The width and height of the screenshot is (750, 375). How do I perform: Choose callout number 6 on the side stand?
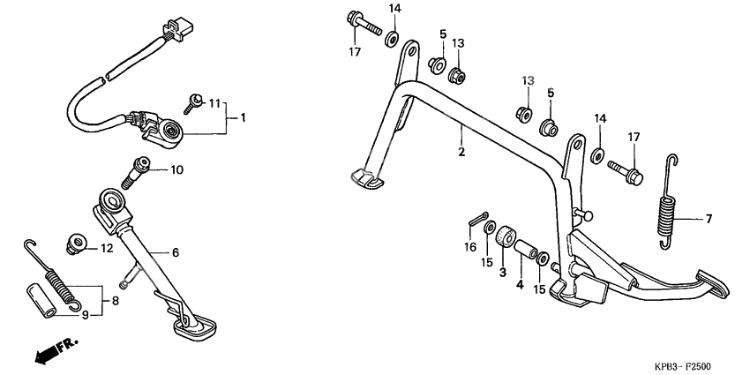click(174, 252)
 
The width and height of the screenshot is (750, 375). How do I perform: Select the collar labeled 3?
click(506, 239)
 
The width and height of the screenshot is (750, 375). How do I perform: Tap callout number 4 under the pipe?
click(520, 285)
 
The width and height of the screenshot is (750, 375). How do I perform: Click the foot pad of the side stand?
click(197, 330)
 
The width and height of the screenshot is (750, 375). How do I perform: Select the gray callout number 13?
click(527, 80)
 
